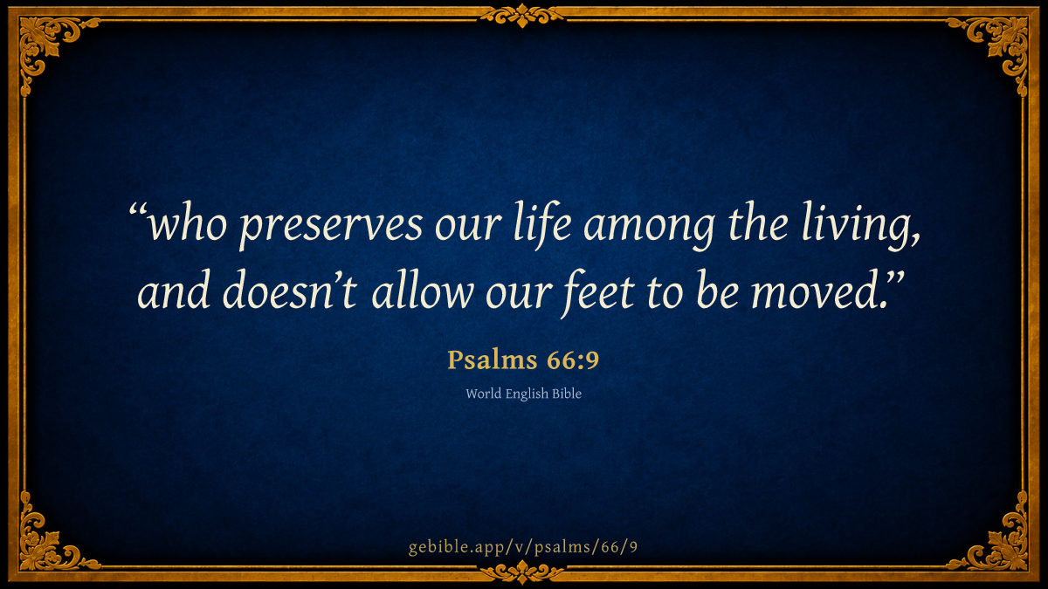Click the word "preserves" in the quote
tap(331, 226)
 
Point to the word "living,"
tap(861, 225)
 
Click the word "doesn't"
tap(290, 290)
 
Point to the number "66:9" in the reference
tap(573, 360)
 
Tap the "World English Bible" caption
tap(523, 394)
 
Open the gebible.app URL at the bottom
tap(523, 547)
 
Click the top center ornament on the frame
tap(522, 15)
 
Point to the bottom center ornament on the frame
tap(522, 572)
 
